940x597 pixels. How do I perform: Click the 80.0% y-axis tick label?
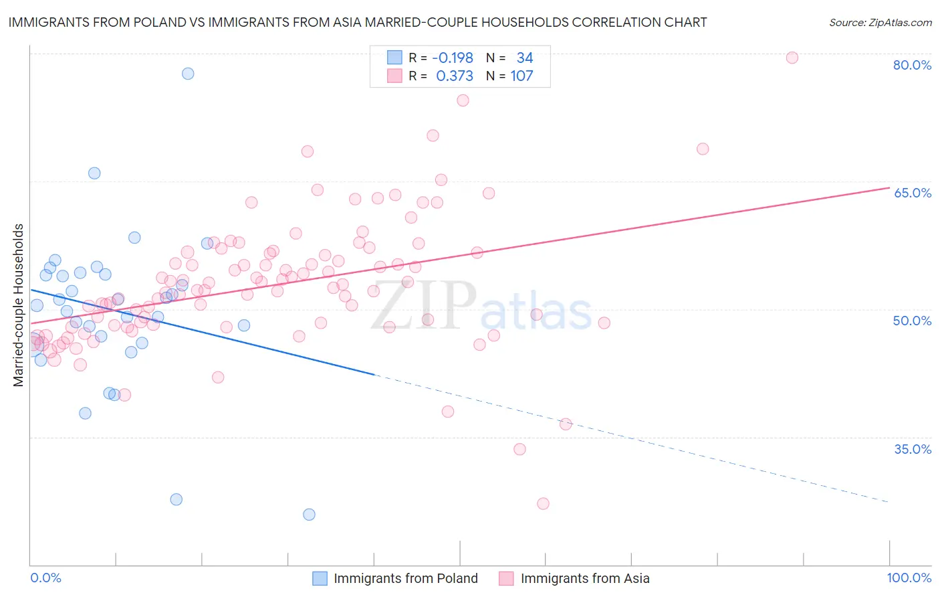pos(912,65)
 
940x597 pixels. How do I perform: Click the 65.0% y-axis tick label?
pos(912,193)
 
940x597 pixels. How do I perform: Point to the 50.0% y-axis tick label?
pos(912,321)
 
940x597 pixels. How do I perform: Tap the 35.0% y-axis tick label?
pos(912,449)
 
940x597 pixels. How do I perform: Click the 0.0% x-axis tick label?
pos(45,578)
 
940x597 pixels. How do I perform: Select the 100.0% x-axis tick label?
pos(909,578)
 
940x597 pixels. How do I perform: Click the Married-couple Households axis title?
pos(19,305)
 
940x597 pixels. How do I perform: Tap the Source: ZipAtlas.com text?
pos(880,22)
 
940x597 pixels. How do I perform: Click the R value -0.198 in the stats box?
pos(453,58)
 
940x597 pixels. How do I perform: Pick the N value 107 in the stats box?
pos(521,76)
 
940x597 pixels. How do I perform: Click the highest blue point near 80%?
pos(188,74)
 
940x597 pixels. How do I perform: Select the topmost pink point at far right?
pos(792,58)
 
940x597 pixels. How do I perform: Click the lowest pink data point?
pos(543,503)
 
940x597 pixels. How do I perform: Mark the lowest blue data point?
pos(309,515)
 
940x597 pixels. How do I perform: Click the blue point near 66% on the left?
pos(94,173)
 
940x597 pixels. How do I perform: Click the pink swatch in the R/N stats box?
pos(394,76)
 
